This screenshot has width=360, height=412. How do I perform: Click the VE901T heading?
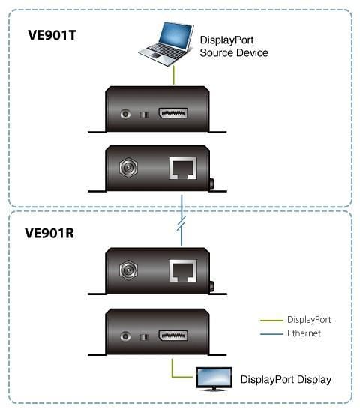(x=52, y=35)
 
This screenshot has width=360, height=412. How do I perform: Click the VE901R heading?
(x=49, y=233)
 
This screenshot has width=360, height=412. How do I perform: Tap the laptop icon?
(x=166, y=44)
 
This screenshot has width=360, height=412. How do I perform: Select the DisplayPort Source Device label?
(x=234, y=46)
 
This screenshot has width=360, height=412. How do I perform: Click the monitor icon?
(x=214, y=378)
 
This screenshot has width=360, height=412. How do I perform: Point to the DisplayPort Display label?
(x=286, y=380)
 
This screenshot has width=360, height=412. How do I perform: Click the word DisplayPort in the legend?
(x=309, y=320)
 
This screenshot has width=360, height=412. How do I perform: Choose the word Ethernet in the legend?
(x=304, y=333)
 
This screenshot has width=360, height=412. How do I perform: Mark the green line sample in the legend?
(x=271, y=321)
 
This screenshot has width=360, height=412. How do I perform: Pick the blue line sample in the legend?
(x=271, y=334)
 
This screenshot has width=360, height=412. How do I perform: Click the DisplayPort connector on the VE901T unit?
(x=173, y=113)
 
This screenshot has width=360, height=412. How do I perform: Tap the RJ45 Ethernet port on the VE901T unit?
(x=183, y=168)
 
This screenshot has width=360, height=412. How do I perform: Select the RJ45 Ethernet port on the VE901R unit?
(x=183, y=270)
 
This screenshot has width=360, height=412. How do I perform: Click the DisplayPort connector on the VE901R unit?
(x=173, y=336)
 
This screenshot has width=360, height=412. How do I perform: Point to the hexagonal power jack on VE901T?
(x=128, y=167)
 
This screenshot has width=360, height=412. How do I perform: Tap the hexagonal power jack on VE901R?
(x=128, y=270)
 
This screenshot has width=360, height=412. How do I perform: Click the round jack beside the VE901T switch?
(x=125, y=114)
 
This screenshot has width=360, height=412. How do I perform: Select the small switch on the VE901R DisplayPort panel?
(x=144, y=337)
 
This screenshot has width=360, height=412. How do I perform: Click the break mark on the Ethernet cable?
(x=181, y=223)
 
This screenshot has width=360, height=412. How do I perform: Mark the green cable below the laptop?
(x=174, y=76)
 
